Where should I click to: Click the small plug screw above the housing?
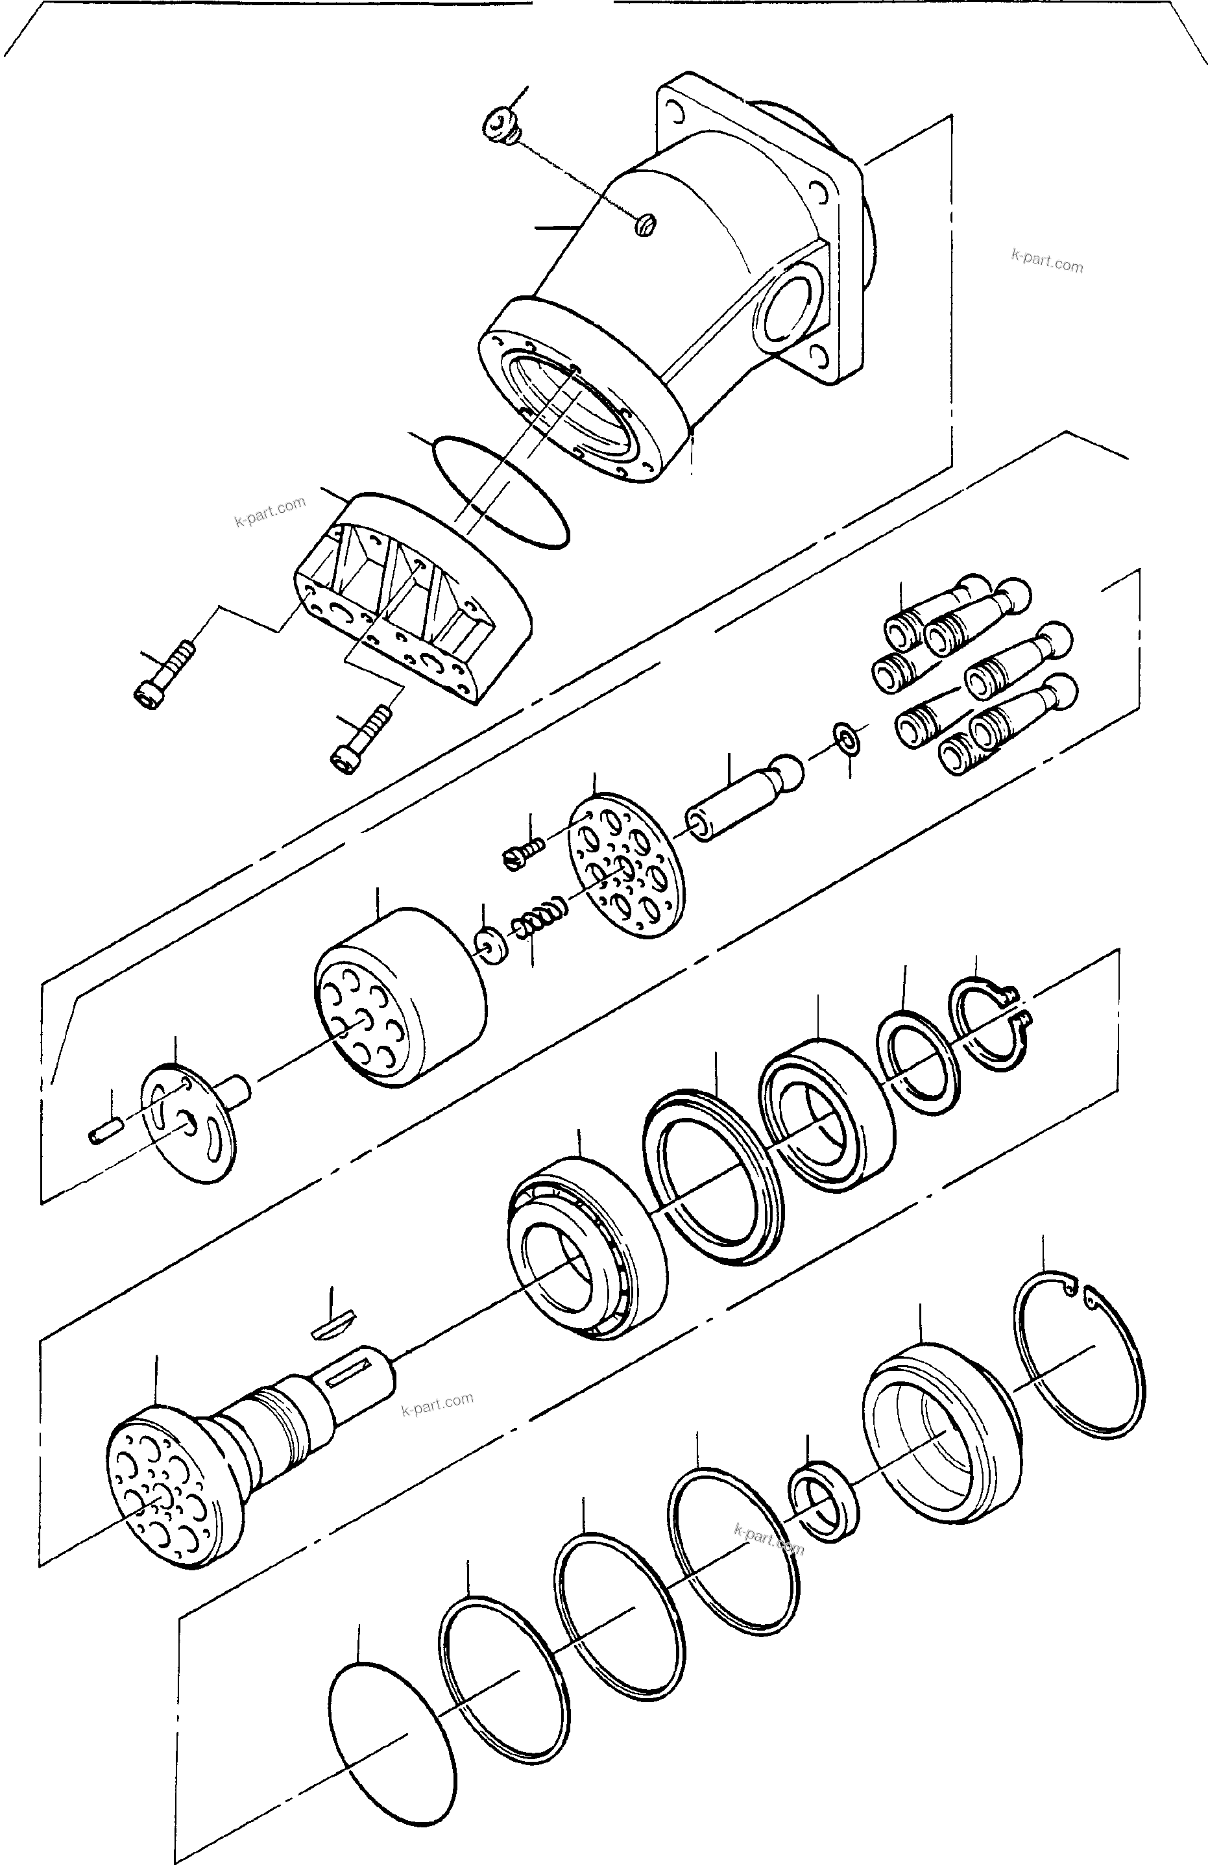coord(498,126)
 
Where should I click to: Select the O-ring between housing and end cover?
coord(500,491)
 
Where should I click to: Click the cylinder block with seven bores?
coord(400,996)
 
